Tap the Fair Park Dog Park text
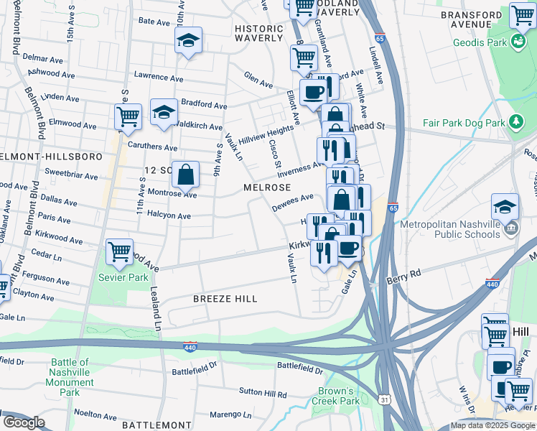[464, 123]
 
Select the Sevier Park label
[123, 277]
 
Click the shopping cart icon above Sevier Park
[119, 252]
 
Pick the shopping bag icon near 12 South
[185, 174]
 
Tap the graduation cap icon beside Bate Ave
[188, 41]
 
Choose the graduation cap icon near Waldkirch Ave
[164, 112]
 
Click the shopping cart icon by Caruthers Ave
[128, 116]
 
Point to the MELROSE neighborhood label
[266, 187]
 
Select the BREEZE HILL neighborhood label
[224, 298]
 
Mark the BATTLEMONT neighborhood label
[139, 425]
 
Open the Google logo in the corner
[24, 422]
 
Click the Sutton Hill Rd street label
[263, 394]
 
